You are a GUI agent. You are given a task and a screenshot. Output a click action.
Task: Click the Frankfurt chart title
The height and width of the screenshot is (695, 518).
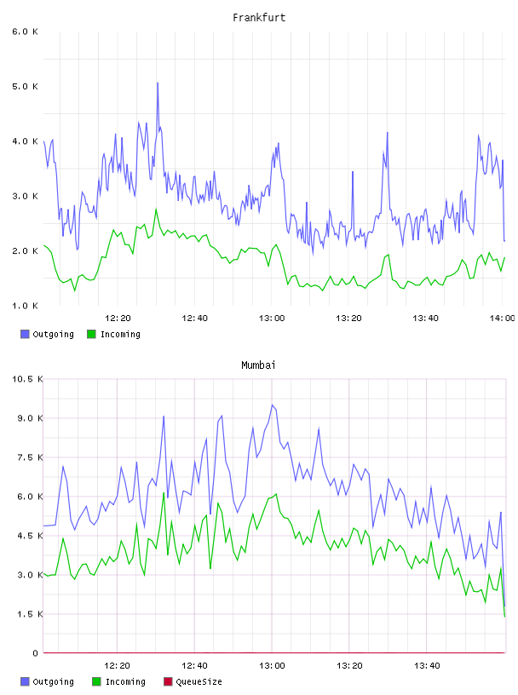pos(259,17)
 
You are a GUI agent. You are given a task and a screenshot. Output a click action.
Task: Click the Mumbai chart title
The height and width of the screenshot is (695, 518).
pos(258,365)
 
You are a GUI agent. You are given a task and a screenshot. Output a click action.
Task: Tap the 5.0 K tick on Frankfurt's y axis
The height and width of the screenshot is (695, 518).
pos(25,86)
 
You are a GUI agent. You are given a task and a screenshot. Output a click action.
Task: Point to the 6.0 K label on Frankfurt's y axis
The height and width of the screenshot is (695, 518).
pos(25,32)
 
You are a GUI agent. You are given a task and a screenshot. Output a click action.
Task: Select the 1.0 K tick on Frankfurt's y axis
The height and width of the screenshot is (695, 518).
pos(25,306)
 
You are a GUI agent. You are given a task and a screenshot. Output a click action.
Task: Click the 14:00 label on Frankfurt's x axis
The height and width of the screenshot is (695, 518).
pos(502,318)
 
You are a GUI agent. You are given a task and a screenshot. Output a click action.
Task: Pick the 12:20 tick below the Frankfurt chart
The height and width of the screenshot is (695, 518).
pos(118,318)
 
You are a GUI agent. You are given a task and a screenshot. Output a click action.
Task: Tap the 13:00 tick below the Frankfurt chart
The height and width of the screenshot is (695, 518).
pos(272,318)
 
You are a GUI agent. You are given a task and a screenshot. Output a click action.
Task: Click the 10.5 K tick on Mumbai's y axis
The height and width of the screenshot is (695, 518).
pos(27,379)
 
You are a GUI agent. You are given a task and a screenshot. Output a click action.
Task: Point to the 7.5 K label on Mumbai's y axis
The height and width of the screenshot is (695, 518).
pos(30,457)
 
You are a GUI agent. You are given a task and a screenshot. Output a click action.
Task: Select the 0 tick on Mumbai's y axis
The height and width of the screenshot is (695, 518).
pos(36,653)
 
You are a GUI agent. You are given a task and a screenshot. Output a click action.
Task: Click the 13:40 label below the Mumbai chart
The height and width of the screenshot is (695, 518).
pos(427,665)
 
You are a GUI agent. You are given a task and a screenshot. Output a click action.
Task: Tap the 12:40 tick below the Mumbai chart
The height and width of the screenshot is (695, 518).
pos(194,665)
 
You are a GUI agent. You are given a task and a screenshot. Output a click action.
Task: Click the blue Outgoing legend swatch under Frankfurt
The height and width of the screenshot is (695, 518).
pos(25,334)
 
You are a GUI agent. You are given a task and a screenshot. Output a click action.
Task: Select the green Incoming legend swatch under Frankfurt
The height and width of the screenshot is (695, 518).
pos(91,334)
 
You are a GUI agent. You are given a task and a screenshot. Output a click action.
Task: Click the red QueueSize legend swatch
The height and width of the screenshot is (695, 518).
pos(168,681)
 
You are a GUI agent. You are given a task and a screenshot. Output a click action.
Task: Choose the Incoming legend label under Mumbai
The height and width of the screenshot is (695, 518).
pos(125,681)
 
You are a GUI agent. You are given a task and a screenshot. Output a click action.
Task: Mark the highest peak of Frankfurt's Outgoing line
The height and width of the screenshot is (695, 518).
pos(158,83)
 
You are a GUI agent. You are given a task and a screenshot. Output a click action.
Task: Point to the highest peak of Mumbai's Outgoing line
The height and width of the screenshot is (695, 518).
pos(273,405)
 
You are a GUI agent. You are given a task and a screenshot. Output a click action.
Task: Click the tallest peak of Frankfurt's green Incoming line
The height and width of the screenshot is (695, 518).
pos(156,209)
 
